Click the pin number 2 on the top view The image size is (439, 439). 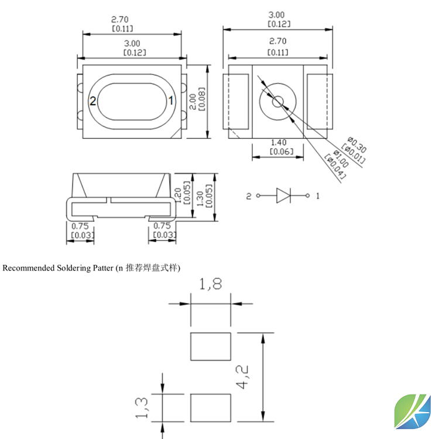92,101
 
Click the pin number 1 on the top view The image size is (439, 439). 171,101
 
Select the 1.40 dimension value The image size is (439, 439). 277,142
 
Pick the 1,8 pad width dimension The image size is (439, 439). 210,285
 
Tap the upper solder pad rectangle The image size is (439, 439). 211,347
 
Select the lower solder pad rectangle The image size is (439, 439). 211,408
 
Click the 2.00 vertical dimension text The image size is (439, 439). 193,101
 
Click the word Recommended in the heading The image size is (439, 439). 29,268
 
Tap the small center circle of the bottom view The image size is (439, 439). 277,101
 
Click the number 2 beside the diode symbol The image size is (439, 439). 248,196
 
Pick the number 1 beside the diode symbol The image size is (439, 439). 318,196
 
